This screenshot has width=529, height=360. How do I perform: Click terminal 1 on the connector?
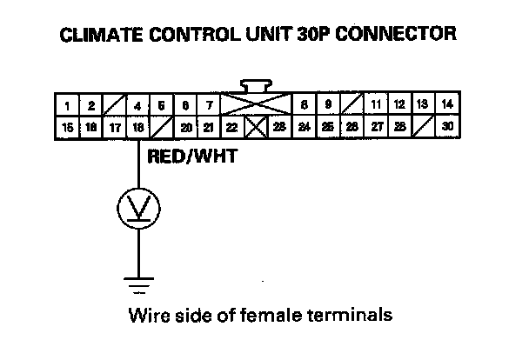click(68, 106)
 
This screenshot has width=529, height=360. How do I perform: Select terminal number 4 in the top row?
click(138, 106)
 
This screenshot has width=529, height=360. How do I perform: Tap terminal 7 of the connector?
click(210, 106)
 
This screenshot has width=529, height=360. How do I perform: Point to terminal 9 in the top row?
click(328, 106)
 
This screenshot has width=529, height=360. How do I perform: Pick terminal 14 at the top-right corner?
click(447, 106)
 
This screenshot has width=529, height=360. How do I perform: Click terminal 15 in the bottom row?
click(68, 128)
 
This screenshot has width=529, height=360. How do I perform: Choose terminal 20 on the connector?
click(185, 128)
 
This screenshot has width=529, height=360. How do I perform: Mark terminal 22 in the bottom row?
click(231, 128)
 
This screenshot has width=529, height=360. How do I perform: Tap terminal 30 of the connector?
click(447, 128)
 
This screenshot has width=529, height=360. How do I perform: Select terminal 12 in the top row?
click(399, 106)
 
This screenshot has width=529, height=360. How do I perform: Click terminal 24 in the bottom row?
click(304, 128)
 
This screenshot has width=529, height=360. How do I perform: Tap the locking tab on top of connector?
click(257, 87)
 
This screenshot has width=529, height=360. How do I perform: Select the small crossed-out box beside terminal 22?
click(256, 128)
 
